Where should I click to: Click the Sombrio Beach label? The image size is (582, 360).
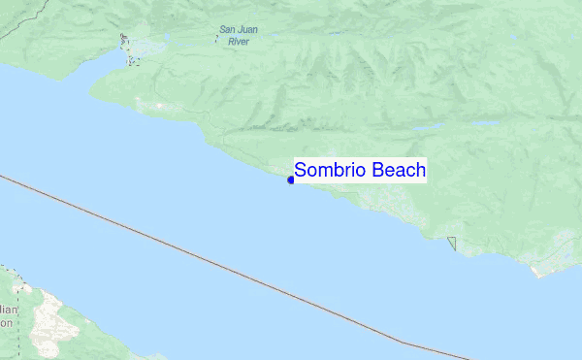[x=360, y=171]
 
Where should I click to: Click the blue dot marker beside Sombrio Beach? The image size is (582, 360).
[x=291, y=180]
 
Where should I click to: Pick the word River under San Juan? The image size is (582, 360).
[x=238, y=43]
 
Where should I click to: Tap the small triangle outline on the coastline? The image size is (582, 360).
[x=452, y=243]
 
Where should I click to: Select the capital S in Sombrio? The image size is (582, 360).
[x=301, y=171]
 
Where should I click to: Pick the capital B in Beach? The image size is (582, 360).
[x=380, y=171]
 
